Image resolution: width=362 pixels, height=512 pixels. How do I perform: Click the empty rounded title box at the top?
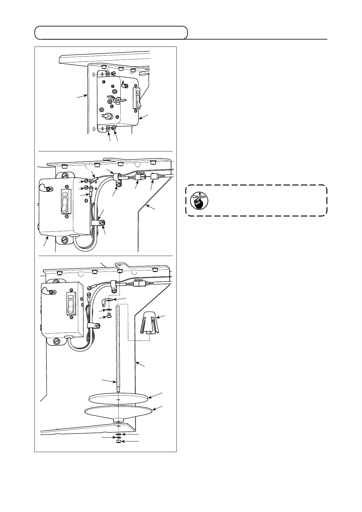pos(111,33)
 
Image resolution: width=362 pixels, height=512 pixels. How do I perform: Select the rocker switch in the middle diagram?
pos(65,202)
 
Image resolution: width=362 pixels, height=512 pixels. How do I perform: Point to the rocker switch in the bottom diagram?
pos(71,304)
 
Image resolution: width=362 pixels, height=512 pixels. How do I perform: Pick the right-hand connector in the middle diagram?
pos(153,176)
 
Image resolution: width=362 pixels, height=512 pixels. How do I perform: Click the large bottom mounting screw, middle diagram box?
pos(65,239)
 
